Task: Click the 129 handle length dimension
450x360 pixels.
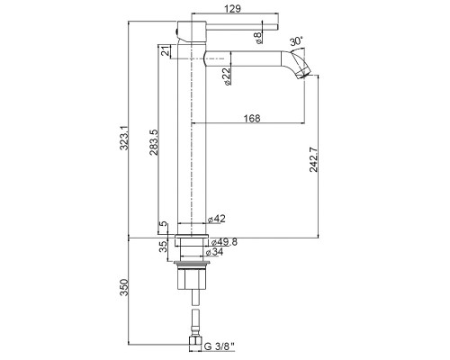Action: point(232,8)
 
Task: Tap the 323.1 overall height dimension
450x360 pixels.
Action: point(124,138)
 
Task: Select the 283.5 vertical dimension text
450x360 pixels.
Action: point(154,142)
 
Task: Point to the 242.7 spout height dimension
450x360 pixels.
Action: point(314,159)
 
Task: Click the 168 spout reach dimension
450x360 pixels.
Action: point(252,118)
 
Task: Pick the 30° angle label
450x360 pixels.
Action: point(296,41)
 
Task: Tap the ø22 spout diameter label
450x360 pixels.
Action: point(227,76)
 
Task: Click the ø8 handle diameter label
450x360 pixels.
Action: point(258,38)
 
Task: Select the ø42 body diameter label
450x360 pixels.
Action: point(216,219)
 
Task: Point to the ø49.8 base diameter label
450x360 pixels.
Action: point(224,242)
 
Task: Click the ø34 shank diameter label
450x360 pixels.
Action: point(214,252)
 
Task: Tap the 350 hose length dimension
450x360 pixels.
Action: point(124,287)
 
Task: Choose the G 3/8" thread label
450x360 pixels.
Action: point(219,346)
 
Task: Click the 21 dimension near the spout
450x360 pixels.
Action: point(165,51)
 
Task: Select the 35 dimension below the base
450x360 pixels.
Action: point(164,247)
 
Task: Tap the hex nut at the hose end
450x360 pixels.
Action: point(195,344)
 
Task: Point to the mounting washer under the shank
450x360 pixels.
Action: point(192,264)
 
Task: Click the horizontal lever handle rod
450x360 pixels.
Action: point(242,27)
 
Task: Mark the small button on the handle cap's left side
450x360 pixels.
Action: point(176,31)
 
